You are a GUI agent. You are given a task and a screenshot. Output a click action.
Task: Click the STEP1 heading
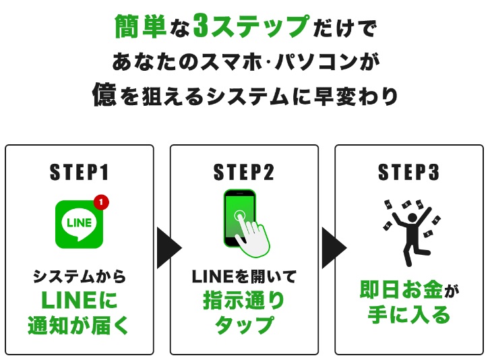coord(79,173)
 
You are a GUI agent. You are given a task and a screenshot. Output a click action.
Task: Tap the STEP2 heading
coord(243,173)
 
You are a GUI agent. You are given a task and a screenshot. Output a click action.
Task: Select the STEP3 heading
coord(408,173)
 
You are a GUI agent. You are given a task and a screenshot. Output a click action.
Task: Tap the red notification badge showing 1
coord(101,202)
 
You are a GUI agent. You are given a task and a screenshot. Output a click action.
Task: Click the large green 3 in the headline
coord(201,27)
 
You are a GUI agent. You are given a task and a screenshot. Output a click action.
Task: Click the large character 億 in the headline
coord(104,95)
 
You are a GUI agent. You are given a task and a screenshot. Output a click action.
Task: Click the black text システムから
coord(79,276)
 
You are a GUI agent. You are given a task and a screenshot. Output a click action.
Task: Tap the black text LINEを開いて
coord(244,276)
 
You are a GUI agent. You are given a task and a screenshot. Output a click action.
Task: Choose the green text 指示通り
coord(244,301)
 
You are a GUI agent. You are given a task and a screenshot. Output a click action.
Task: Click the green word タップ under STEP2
coord(244,325)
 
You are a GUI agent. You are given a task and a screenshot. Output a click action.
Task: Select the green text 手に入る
coord(408,314)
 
